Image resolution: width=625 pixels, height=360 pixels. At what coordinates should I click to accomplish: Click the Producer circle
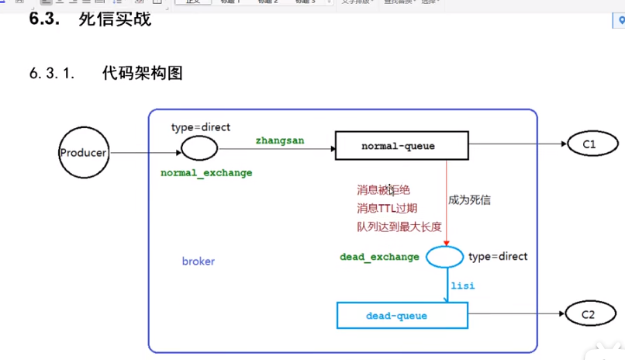[83, 153]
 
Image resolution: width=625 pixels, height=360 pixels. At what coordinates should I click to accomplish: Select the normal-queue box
[402, 146]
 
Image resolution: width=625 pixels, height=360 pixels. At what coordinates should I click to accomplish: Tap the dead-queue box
[402, 316]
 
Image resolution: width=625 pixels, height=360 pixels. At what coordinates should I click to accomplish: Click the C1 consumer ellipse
[592, 144]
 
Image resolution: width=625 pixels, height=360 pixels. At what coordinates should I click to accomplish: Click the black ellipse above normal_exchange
[199, 147]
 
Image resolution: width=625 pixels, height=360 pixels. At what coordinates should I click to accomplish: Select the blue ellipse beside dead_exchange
[445, 257]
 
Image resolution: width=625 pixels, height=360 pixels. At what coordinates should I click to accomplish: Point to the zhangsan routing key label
[280, 140]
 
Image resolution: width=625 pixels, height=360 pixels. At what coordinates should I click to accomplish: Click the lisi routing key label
[463, 286]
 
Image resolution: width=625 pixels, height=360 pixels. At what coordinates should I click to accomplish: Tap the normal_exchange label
[206, 173]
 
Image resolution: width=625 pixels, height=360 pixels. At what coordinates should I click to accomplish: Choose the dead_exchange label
[379, 257]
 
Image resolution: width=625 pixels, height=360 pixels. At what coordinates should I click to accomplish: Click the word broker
[199, 261]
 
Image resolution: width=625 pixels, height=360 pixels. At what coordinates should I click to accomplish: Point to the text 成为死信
[469, 200]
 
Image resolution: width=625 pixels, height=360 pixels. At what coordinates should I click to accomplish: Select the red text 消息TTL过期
[387, 208]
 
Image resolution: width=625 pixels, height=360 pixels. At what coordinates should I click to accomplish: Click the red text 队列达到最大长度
[399, 227]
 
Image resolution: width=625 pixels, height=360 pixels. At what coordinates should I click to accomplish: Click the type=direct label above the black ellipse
[201, 126]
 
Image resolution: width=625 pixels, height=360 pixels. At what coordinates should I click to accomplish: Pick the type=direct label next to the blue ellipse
[498, 256]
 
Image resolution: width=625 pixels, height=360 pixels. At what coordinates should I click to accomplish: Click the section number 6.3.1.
[52, 74]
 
